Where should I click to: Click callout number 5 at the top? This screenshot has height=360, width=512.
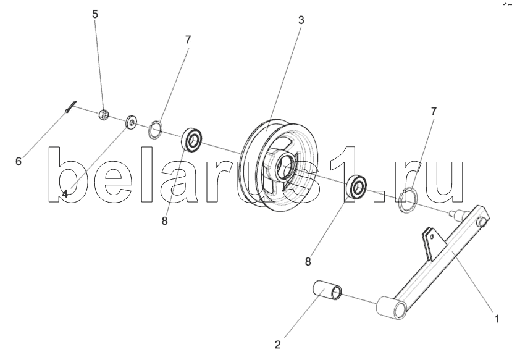click(x=95, y=14)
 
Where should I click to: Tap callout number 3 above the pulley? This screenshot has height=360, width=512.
click(x=301, y=20)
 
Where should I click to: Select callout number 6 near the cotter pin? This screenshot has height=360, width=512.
click(x=18, y=161)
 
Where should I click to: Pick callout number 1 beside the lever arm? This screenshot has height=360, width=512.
click(x=495, y=319)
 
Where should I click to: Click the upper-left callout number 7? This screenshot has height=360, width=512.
click(x=188, y=39)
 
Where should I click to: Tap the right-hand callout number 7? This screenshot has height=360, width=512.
click(x=434, y=111)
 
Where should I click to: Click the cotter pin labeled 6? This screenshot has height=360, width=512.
click(x=71, y=107)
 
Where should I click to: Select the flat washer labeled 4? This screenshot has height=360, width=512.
click(x=132, y=122)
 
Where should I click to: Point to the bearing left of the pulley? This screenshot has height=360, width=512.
click(x=193, y=140)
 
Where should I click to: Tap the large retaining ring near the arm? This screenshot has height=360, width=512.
click(x=408, y=201)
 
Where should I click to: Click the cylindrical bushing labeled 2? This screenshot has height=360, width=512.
click(x=330, y=291)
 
